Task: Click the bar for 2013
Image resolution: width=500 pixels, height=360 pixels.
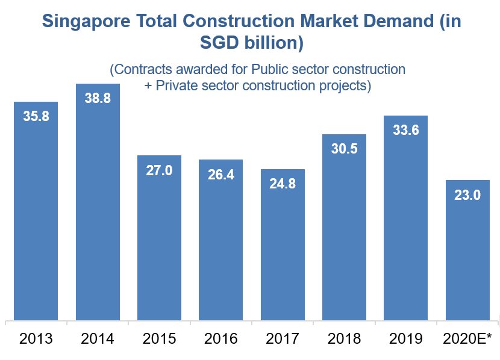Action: tap(36, 211)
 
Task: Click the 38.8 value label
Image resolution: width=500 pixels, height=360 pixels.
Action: tap(98, 98)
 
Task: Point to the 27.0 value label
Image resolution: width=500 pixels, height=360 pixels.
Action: tap(159, 170)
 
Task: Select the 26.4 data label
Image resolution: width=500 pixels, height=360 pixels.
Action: tap(221, 175)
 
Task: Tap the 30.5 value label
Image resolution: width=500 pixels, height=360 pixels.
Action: tap(344, 149)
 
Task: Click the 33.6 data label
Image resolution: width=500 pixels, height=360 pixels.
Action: tap(405, 130)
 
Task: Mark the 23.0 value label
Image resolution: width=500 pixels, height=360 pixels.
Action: tap(467, 195)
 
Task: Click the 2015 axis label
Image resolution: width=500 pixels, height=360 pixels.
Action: tap(159, 339)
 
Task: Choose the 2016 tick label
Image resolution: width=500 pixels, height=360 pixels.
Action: tap(221, 339)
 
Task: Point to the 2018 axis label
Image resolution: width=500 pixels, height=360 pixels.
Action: tap(344, 339)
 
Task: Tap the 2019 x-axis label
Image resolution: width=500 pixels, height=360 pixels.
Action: tap(405, 339)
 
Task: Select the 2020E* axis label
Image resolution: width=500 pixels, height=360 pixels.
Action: tap(467, 339)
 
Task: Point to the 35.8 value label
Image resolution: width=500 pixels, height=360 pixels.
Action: tap(36, 117)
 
